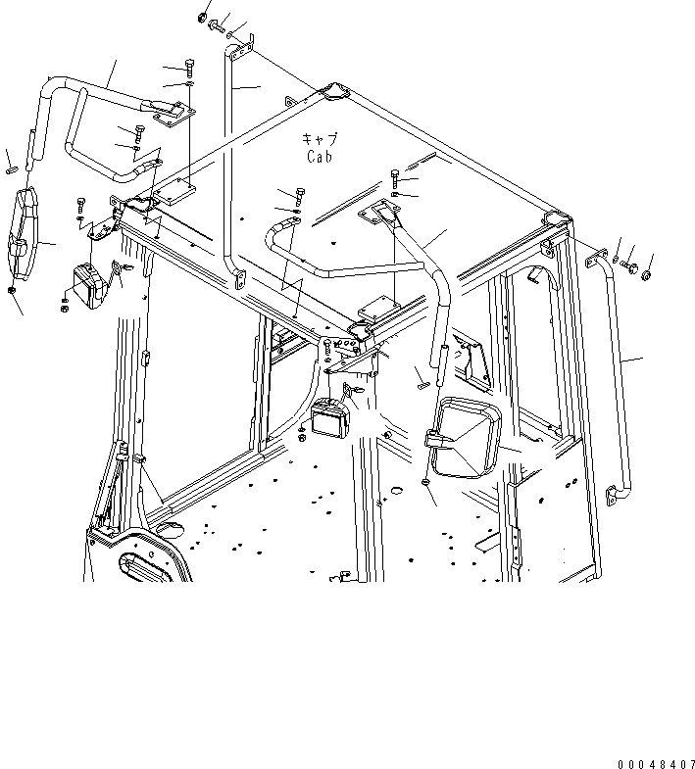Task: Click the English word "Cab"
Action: (320, 156)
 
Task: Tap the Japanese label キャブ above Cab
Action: (320, 139)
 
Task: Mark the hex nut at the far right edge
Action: (646, 274)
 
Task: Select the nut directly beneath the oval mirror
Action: (11, 291)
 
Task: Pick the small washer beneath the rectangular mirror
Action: (423, 482)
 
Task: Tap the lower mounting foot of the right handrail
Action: (614, 497)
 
